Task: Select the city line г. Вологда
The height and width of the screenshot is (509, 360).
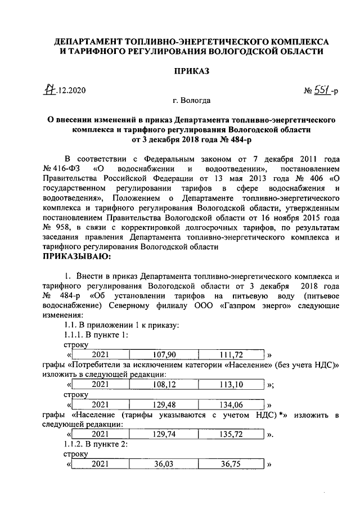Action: (192, 101)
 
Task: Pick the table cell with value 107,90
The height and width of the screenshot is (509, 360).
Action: (164, 355)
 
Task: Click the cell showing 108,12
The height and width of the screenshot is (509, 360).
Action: (164, 385)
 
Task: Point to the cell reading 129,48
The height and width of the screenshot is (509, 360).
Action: (164, 405)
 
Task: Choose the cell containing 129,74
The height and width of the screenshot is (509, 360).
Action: (164, 435)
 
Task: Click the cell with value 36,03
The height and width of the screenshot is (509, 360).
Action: (164, 465)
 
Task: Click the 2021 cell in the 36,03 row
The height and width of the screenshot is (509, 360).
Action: (100, 465)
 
